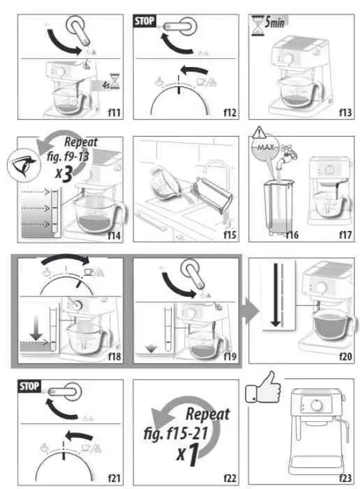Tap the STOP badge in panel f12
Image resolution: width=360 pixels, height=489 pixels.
(144, 21)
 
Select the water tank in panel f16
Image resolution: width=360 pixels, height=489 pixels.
(276, 208)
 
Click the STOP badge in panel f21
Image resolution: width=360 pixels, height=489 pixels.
(29, 387)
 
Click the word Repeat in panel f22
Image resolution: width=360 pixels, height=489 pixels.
(207, 412)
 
